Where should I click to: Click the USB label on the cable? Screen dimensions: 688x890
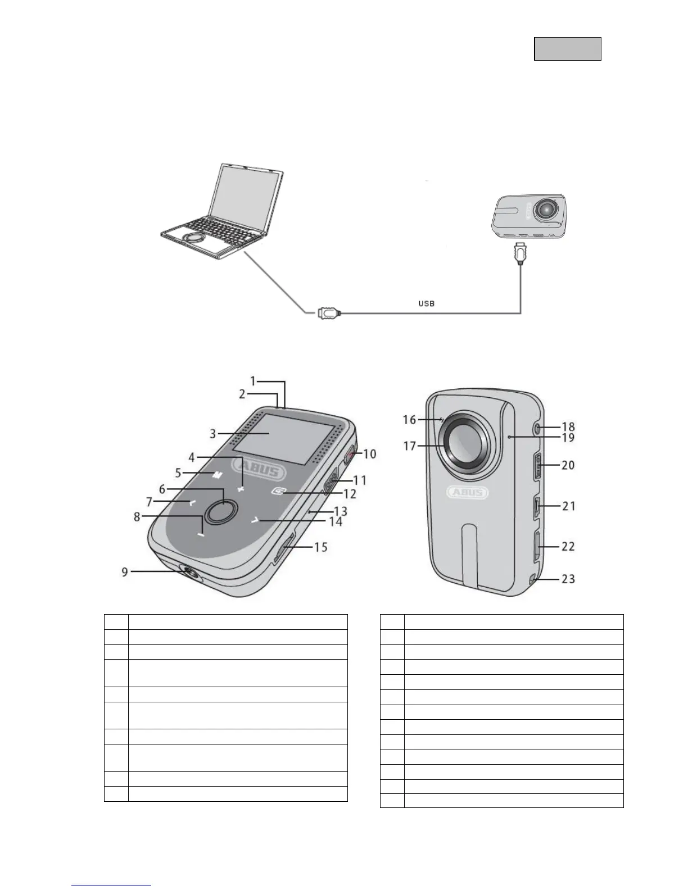tap(427, 303)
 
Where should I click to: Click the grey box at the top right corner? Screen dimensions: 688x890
tap(567, 49)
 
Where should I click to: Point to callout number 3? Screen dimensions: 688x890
tap(213, 434)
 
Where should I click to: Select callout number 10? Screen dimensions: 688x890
tap(369, 454)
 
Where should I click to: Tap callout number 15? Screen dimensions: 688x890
tap(320, 547)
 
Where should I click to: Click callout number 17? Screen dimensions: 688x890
tap(410, 446)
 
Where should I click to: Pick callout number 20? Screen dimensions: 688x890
tap(568, 465)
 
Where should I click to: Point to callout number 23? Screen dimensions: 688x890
tap(568, 579)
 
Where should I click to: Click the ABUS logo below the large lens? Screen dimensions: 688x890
tap(468, 493)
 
